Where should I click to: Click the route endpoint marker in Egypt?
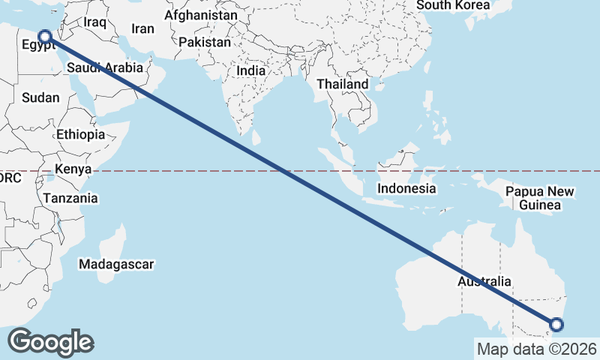point(45,35)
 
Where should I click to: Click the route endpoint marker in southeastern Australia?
point(556,325)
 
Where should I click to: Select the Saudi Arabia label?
point(104,68)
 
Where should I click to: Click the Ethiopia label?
point(80,135)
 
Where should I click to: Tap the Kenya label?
point(73,169)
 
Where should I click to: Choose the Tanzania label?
point(70,199)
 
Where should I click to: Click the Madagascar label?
point(116,264)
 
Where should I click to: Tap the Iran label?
point(142,28)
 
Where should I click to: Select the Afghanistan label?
point(201,15)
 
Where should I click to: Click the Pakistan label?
point(205,42)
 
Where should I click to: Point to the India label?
point(250,70)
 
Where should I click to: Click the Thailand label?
point(343,84)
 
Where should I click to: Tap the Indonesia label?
point(406,188)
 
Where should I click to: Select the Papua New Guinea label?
point(540,198)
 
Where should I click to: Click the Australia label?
point(485,282)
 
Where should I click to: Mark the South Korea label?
point(453,5)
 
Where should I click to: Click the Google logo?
point(50,342)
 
